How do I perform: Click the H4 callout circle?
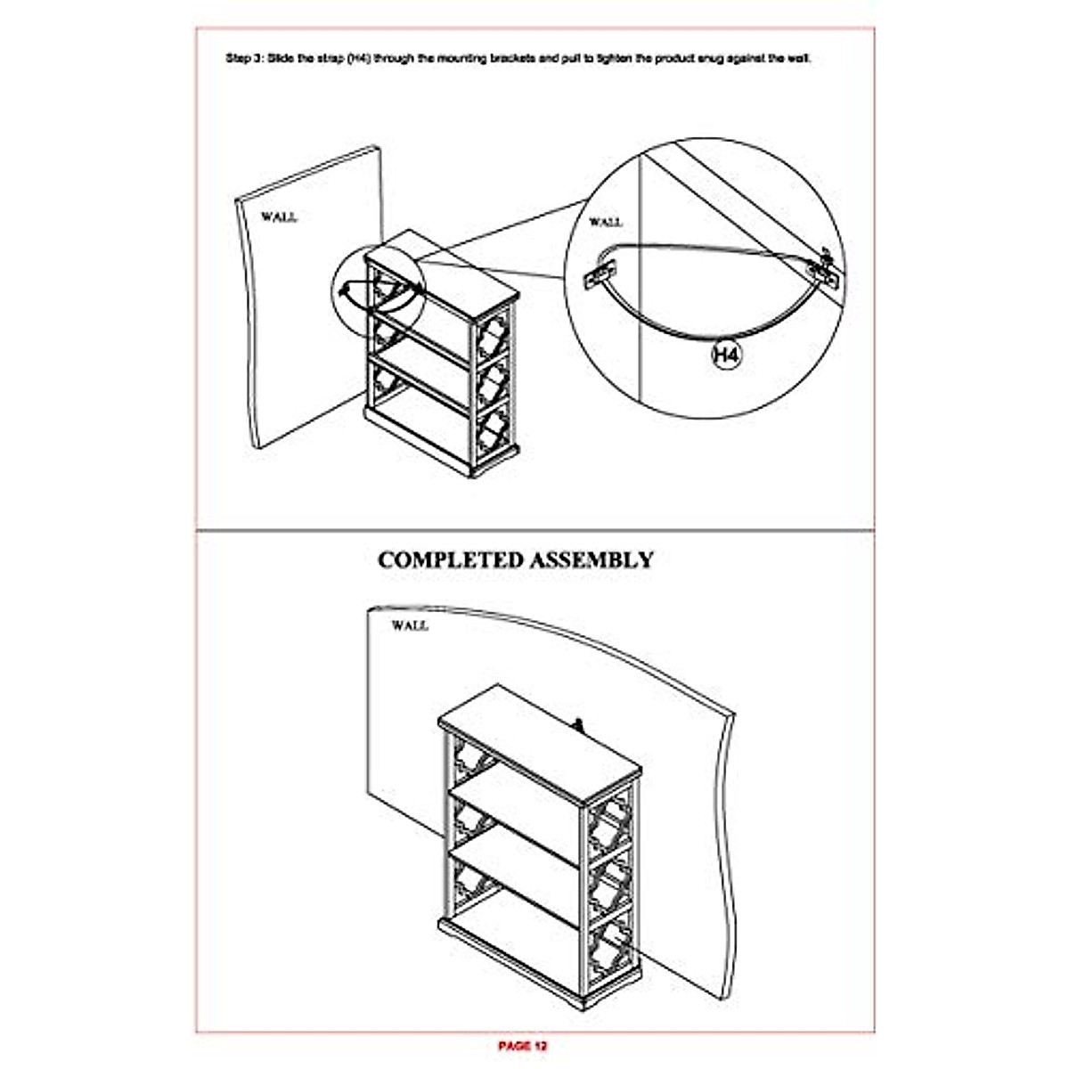tap(728, 355)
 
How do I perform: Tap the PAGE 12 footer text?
tap(522, 1045)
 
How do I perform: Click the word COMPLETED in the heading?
tap(450, 560)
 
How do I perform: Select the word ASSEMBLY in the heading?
tap(592, 560)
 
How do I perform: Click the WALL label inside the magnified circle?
tap(606, 222)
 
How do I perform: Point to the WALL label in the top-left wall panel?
tap(279, 216)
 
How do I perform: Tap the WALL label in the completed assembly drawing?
tap(410, 626)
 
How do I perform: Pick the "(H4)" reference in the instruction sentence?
tap(359, 60)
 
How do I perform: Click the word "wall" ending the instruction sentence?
tap(798, 60)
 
